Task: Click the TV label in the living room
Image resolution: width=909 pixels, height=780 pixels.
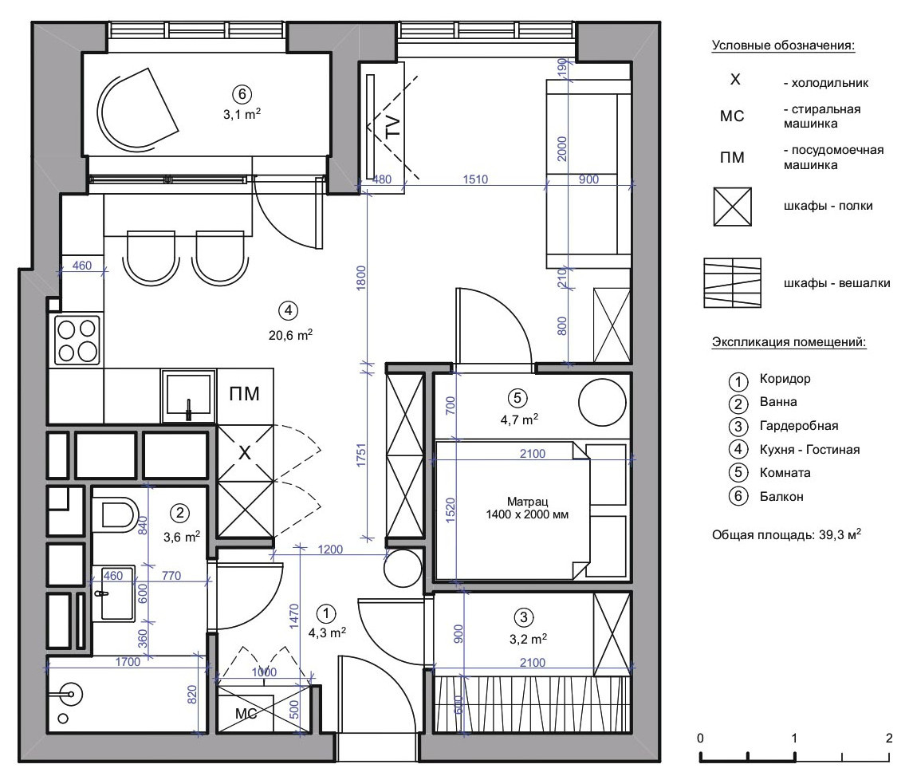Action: [x=392, y=127]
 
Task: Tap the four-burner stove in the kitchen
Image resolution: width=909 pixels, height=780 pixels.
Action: [x=77, y=340]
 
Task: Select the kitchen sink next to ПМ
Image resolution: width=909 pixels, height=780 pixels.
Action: [x=187, y=396]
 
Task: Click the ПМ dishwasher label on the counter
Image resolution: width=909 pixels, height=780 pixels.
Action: [x=244, y=394]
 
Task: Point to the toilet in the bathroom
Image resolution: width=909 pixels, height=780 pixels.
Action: [x=119, y=514]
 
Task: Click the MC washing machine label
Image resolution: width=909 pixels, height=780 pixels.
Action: [x=246, y=714]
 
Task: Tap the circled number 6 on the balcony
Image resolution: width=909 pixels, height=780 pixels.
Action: [x=242, y=94]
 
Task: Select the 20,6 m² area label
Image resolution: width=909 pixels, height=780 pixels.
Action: [x=290, y=335]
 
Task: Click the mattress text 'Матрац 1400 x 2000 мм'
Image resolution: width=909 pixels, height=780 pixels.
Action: [x=527, y=508]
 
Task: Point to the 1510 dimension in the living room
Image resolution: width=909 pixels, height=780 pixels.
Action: [x=475, y=179]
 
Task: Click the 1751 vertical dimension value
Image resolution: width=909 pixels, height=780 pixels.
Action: [x=361, y=455]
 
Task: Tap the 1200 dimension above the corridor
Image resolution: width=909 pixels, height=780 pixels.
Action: [x=330, y=550]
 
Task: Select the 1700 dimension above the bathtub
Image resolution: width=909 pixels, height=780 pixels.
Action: [x=128, y=662]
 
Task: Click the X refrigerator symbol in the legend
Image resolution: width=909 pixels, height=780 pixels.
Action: [x=735, y=80]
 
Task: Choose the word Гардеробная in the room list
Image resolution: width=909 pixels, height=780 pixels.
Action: [x=799, y=426]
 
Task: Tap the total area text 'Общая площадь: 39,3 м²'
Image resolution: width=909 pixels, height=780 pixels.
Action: [x=787, y=534]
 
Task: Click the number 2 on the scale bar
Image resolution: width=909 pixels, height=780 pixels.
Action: [x=889, y=738]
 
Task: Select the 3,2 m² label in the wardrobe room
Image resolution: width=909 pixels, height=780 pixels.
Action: [x=528, y=639]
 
